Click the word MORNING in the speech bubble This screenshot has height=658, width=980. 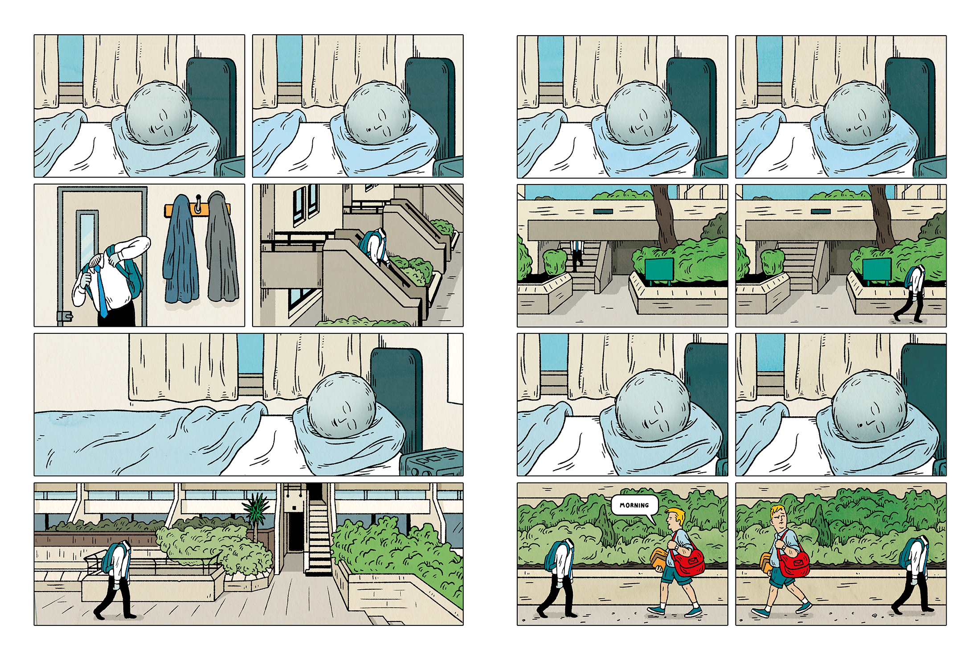click(634, 505)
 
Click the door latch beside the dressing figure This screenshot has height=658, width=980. click(65, 316)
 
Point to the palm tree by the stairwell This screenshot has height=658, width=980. click(256, 513)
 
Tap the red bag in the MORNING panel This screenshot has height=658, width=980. click(688, 560)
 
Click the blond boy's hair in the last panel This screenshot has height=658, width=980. click(778, 510)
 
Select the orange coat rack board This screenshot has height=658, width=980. click(197, 209)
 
